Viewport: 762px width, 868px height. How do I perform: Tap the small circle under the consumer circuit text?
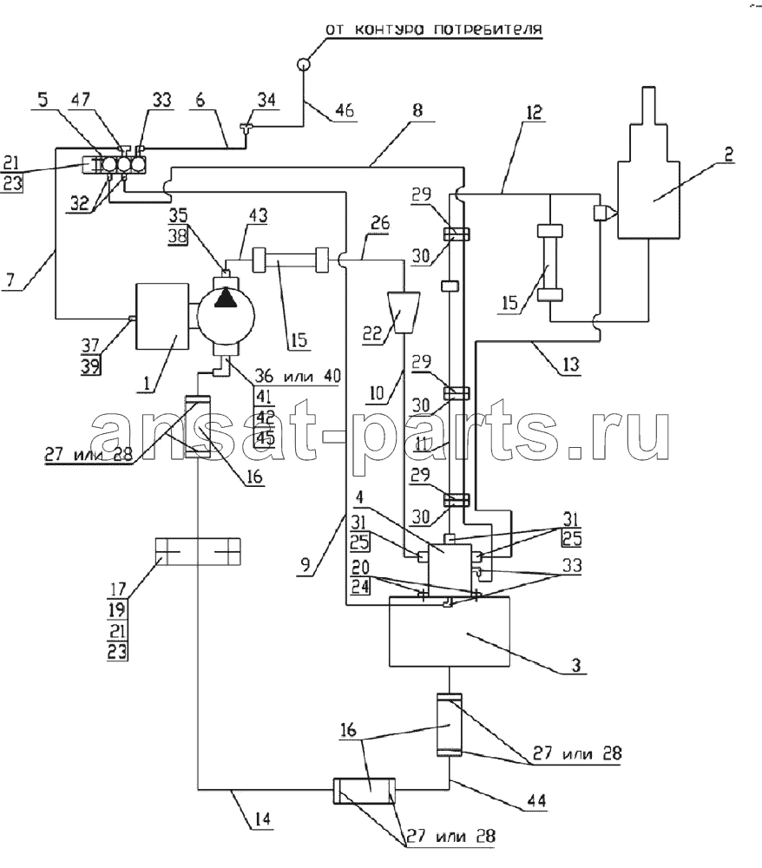coord(304,64)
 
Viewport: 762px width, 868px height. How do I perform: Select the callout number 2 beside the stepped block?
coord(728,154)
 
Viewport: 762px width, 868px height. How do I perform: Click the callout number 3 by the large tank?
coord(575,664)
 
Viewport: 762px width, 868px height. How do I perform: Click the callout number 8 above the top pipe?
coord(417,110)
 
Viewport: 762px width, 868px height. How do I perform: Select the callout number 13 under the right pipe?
coord(570,364)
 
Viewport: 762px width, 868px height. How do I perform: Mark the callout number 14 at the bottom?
coord(263,819)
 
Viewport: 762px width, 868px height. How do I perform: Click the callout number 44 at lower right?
coord(536,800)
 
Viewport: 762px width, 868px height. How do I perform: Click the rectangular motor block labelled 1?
coord(162,316)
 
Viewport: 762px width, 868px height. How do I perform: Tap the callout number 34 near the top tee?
coord(266,100)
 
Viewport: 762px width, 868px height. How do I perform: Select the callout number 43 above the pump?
coord(257,214)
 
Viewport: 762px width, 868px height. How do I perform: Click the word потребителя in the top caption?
coord(488,29)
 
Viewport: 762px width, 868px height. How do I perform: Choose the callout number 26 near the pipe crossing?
coord(379,223)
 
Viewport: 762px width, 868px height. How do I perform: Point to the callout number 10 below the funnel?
coord(377,392)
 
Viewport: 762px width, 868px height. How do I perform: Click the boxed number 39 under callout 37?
coord(91,365)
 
